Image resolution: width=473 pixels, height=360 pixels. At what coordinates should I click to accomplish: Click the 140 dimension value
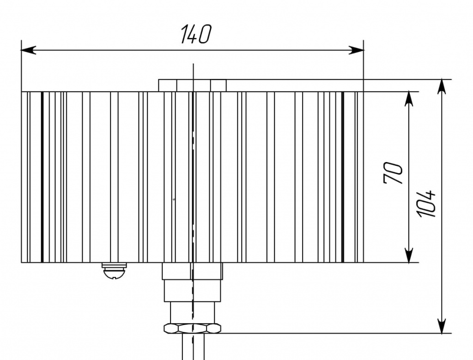point(195,35)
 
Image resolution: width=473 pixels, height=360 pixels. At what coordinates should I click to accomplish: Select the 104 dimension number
point(426,203)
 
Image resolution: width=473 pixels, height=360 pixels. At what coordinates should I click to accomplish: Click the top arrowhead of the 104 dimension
point(443,86)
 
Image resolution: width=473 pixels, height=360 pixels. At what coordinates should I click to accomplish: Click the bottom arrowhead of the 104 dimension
point(443,326)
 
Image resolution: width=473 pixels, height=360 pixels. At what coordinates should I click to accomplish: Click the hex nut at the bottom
point(192,328)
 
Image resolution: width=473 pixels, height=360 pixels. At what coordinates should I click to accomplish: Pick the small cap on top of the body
point(192,85)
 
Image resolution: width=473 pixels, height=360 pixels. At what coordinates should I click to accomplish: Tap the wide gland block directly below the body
point(192,271)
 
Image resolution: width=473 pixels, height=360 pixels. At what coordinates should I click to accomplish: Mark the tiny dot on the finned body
point(174,199)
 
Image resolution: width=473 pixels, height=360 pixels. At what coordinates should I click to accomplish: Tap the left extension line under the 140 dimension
point(22,69)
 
